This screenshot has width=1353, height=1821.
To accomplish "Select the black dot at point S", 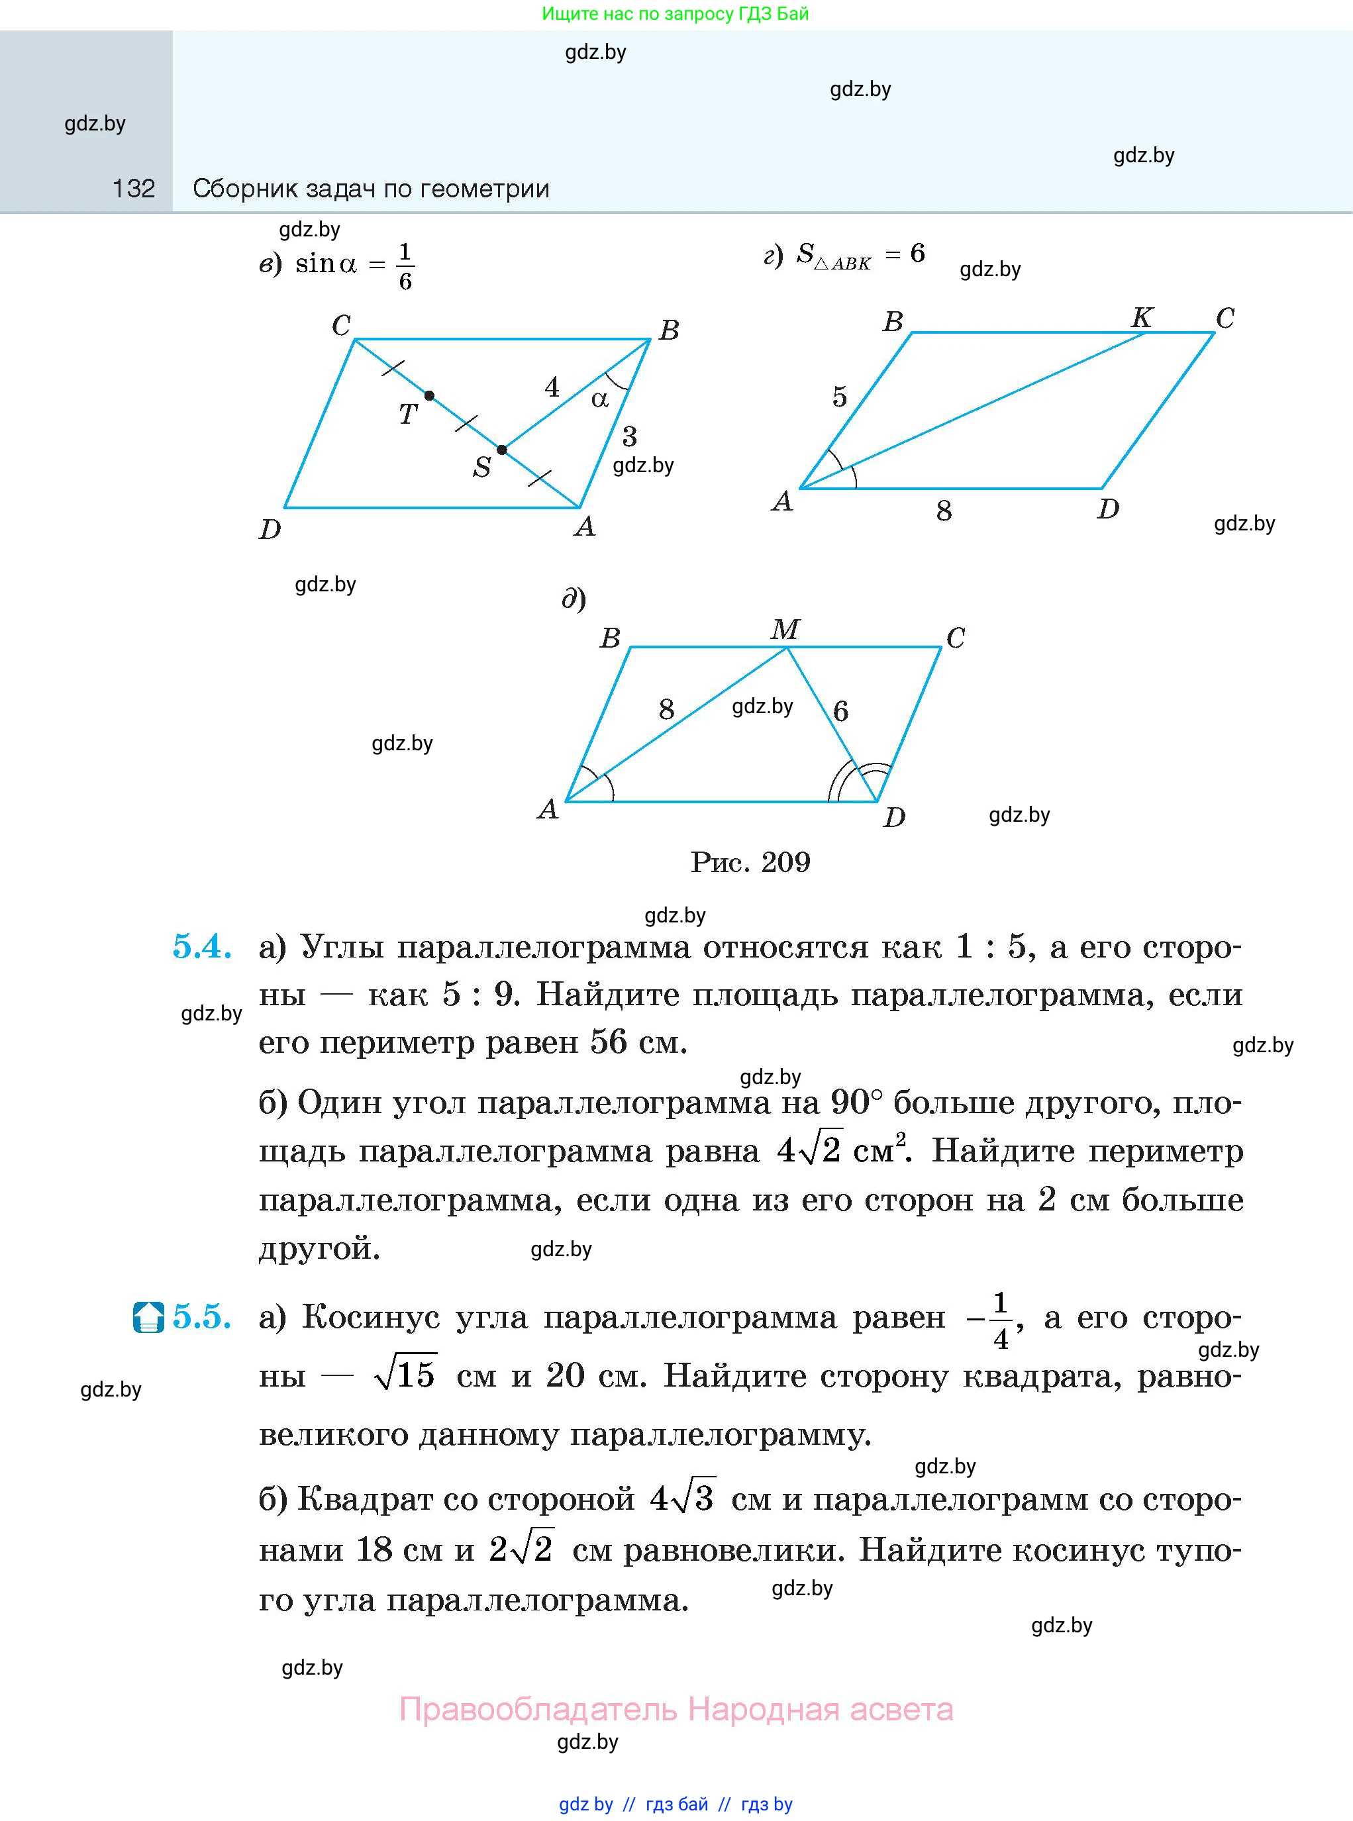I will (502, 450).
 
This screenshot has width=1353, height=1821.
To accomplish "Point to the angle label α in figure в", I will (600, 399).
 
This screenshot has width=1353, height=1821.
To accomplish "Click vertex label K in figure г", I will (1142, 318).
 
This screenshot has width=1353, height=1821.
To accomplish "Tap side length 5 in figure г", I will (840, 397).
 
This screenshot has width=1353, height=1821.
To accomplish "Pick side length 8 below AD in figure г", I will (944, 512).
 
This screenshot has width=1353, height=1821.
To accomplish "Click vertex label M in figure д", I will (785, 629).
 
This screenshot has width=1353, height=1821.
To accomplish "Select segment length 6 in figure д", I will (840, 711).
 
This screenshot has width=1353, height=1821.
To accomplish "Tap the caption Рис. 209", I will (750, 862).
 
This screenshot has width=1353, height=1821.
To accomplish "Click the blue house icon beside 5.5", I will (148, 1318).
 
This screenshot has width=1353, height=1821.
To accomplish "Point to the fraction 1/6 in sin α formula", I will (405, 266).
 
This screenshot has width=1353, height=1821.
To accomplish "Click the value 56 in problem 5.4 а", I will (609, 1042).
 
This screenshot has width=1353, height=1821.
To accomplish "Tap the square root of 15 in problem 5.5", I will (405, 1375).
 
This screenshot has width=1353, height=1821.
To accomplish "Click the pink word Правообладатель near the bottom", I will (538, 1710).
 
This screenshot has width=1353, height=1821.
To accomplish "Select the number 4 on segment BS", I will (552, 387).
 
